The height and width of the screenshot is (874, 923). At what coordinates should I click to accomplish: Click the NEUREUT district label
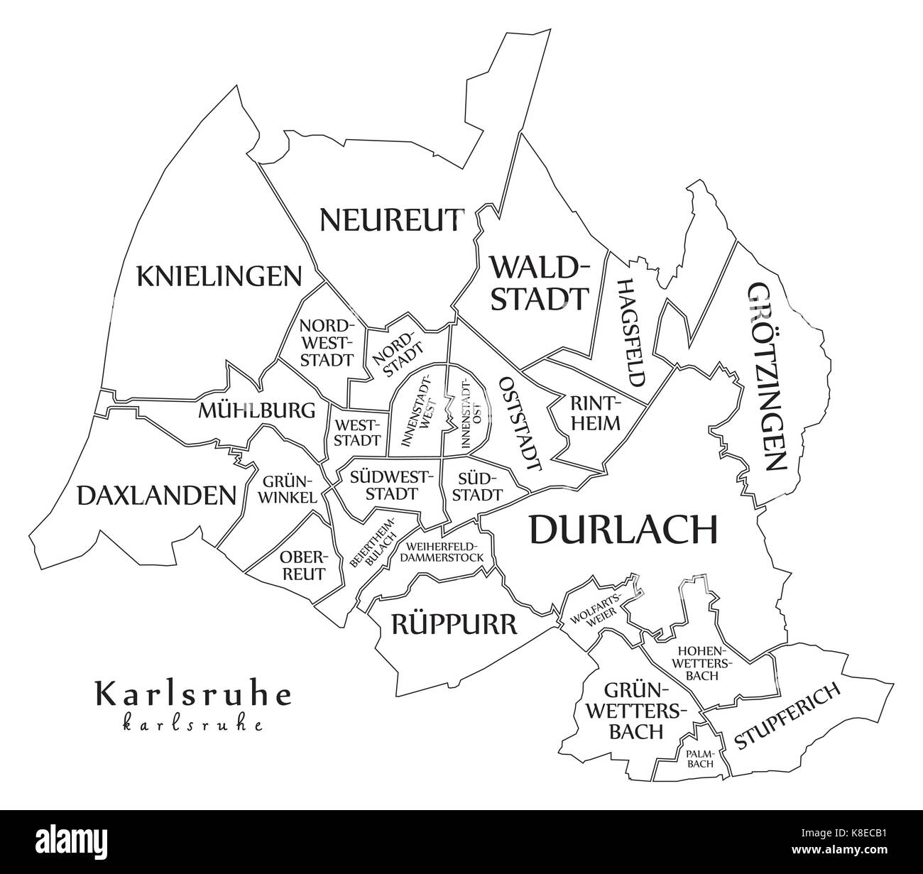click(x=392, y=219)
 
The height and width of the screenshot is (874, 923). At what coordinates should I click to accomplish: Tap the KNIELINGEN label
click(x=219, y=276)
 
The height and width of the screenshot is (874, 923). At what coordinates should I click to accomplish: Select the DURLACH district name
click(x=623, y=529)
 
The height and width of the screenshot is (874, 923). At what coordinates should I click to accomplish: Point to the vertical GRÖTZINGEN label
click(x=768, y=377)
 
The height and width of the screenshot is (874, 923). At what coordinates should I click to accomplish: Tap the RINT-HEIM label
click(x=595, y=413)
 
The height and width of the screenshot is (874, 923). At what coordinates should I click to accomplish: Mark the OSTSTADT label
click(x=521, y=425)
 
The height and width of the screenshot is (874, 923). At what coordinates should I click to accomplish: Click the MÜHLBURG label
click(x=257, y=410)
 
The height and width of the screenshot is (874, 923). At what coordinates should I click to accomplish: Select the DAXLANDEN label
click(x=156, y=495)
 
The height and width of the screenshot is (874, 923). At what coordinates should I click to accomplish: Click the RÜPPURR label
click(x=453, y=625)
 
